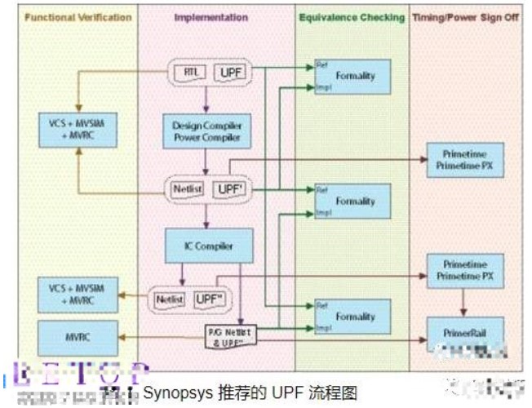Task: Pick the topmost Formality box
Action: [x=352, y=76]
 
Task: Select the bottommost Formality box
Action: [x=352, y=316]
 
